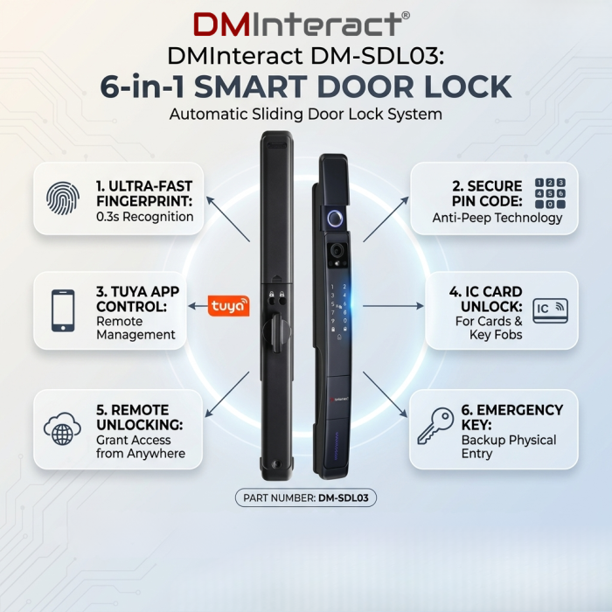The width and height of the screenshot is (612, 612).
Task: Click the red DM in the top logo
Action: pos(221,24)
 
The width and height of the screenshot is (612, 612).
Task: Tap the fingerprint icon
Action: pos(63,198)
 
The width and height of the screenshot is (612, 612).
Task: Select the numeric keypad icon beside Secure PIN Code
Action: pos(550,193)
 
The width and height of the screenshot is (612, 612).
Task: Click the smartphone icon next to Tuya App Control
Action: pos(63,310)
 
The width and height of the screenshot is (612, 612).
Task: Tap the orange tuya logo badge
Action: pos(229,306)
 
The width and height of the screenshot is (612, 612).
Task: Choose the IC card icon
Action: pos(550,310)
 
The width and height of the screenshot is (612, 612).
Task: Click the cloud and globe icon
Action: pos(62,428)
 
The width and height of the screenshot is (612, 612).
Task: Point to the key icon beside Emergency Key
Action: pos(435,426)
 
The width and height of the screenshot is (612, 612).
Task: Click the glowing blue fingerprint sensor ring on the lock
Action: pos(335,219)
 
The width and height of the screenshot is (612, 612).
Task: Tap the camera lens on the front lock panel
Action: pos(335,250)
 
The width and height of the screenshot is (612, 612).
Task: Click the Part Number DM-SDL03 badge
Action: pos(306,497)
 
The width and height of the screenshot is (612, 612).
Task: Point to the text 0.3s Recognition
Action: pos(145,217)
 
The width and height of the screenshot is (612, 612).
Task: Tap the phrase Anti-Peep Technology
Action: pos(497,218)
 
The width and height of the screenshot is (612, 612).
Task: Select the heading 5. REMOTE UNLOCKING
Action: pos(139,417)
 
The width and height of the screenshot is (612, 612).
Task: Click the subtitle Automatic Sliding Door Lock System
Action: pos(306,115)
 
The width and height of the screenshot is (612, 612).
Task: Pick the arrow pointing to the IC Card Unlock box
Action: pos(393,306)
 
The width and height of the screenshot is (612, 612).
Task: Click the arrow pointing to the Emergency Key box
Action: pos(386,394)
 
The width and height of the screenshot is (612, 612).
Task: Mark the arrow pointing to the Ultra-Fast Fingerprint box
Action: pos(228,219)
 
